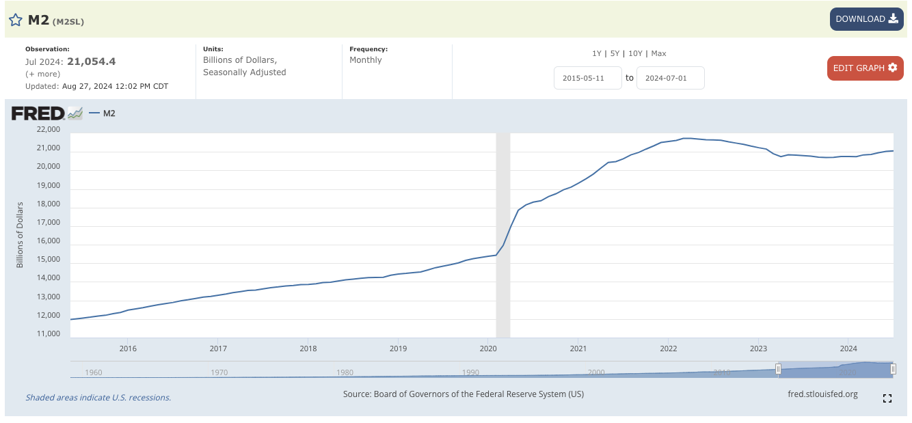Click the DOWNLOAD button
(866, 19)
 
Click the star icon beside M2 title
(15, 20)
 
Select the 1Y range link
(597, 53)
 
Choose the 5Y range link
(615, 53)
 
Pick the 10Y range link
(635, 53)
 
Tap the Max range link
(658, 53)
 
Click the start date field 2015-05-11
(588, 78)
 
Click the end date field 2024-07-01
(670, 78)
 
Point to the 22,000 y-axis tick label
(48, 129)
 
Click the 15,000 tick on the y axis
(48, 260)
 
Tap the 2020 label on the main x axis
(488, 349)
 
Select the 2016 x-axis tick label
(128, 349)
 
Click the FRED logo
(38, 113)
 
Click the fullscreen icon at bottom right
(887, 398)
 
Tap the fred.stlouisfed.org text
(822, 394)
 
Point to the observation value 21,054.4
(91, 62)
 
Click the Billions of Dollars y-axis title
(20, 234)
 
